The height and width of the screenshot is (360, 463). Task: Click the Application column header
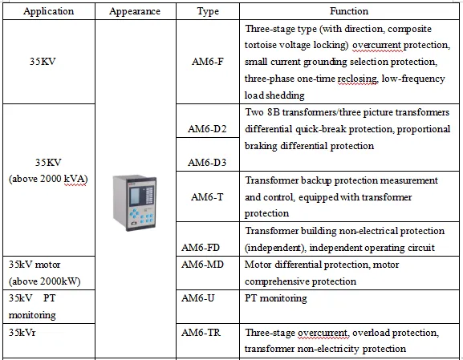49,11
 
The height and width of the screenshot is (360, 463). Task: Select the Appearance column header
135,11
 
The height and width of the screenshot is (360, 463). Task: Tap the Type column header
208,11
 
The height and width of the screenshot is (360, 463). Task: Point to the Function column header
349,11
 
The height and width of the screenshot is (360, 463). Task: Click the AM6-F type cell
208,62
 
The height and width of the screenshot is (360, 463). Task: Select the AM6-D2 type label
207,129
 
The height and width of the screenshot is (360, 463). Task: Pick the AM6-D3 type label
207,162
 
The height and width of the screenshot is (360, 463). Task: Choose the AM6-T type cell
207,196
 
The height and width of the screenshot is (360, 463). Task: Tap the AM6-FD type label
201,247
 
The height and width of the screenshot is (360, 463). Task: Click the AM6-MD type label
202,265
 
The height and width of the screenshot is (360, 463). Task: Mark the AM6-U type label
198,298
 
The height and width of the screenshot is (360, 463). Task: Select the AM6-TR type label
201,333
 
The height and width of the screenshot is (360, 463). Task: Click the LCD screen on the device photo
135,196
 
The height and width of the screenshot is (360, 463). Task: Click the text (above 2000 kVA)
48,179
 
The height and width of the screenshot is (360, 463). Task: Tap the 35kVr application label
22,333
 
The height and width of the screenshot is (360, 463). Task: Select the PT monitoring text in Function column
276,298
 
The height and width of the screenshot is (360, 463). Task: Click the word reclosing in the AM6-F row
357,79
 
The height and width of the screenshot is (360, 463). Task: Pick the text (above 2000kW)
45,281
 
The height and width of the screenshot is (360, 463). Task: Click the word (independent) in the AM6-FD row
275,248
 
